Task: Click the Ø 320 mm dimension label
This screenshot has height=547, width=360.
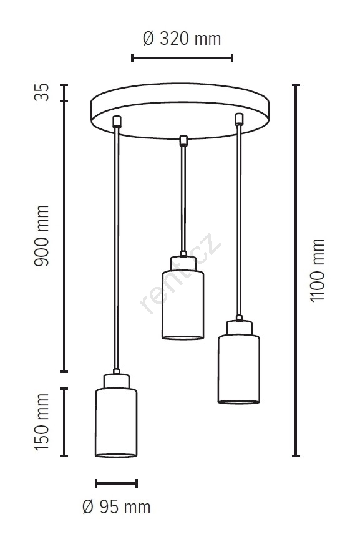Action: [182, 39]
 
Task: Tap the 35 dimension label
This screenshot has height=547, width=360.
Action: [42, 92]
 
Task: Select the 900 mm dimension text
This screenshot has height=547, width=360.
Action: [42, 236]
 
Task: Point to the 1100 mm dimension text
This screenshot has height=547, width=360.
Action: [318, 270]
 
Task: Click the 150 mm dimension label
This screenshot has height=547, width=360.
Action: [42, 422]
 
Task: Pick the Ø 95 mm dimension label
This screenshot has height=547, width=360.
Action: [117, 507]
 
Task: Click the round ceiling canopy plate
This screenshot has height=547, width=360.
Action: [180, 111]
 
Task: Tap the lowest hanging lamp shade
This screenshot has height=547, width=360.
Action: [116, 422]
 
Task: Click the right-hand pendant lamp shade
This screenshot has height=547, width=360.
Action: [239, 369]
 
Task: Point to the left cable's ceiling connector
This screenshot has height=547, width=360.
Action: [117, 122]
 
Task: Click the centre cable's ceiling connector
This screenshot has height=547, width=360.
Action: [183, 140]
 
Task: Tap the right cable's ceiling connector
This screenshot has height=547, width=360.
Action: [239, 119]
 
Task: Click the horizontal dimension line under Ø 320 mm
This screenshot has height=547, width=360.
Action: [182, 57]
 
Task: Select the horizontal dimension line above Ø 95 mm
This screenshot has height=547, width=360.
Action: [116, 483]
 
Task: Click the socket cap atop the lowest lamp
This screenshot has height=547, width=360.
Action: [117, 381]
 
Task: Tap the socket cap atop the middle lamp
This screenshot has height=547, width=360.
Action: [183, 264]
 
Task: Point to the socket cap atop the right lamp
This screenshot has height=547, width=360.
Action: [239, 328]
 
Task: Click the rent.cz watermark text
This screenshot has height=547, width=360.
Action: [180, 273]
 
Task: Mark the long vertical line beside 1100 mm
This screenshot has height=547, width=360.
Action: [296, 270]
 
